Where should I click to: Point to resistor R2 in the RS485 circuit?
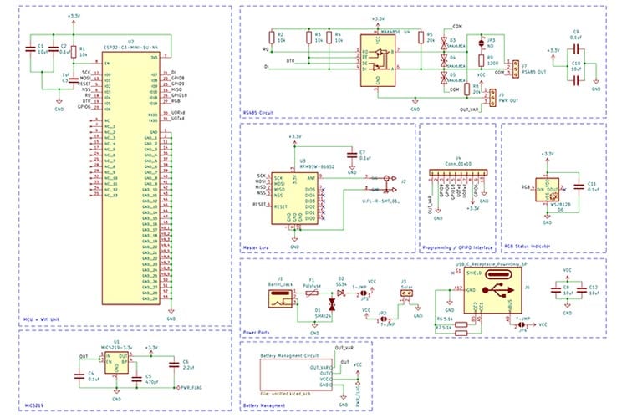click(x=269, y=37)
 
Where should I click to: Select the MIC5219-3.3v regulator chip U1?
click(x=116, y=361)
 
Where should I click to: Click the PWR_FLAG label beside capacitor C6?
click(x=190, y=387)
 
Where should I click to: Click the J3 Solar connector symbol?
click(x=403, y=300)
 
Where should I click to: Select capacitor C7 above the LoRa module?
click(x=353, y=155)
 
